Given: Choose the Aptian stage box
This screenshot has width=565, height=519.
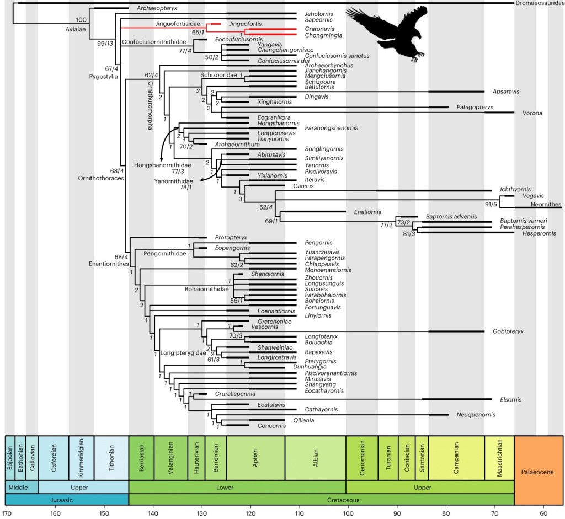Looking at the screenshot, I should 255,457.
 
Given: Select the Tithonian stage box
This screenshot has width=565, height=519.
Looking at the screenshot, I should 111,457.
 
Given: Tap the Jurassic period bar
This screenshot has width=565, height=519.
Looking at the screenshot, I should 67,500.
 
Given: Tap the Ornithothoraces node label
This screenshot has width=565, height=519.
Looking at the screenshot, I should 102,178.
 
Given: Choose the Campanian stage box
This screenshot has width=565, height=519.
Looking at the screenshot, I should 456,457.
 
